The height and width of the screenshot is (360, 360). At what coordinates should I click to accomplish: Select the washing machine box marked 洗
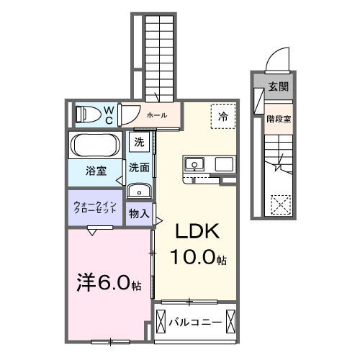[140, 143]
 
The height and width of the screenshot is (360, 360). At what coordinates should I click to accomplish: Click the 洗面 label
[140, 167]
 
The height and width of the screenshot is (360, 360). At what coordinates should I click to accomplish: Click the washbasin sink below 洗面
[139, 191]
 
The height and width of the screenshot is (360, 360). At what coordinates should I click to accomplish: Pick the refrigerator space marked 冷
[222, 116]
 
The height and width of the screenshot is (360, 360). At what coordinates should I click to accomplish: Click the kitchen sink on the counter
[193, 165]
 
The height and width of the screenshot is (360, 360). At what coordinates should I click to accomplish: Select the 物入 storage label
[140, 214]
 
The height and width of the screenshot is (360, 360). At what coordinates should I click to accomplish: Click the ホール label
[157, 115]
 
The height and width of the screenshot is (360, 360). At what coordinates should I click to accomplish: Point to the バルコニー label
[197, 321]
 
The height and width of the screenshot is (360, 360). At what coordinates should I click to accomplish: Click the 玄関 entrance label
[278, 87]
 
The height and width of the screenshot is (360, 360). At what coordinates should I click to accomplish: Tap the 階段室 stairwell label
[278, 120]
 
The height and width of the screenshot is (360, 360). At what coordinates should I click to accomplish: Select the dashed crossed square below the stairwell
[279, 204]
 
